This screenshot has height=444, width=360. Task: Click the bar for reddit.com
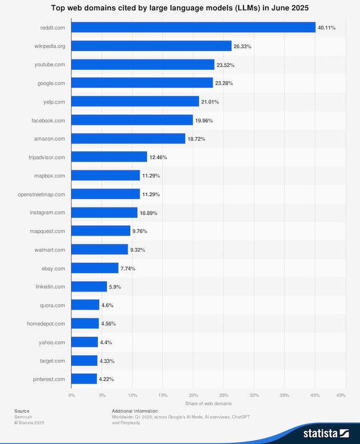(x=193, y=27)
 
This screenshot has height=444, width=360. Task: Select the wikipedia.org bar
(x=151, y=46)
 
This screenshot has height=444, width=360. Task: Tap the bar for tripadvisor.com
(x=109, y=157)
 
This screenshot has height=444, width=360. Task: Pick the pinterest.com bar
(x=84, y=379)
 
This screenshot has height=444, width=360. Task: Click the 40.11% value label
(x=326, y=27)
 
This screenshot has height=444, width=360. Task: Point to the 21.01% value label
(x=210, y=102)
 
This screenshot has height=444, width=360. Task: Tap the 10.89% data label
(x=148, y=213)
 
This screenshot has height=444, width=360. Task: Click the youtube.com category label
(x=50, y=65)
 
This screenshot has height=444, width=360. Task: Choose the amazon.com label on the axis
(x=50, y=139)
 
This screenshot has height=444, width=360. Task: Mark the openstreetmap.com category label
(x=41, y=194)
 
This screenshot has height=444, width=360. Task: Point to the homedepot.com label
(x=46, y=323)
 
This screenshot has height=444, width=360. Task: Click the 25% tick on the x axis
(x=224, y=395)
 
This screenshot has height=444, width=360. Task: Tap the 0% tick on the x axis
(x=71, y=395)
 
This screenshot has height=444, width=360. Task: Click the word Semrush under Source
(x=23, y=417)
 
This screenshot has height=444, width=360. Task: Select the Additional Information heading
(x=135, y=411)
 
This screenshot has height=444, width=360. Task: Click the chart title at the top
(x=180, y=7)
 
